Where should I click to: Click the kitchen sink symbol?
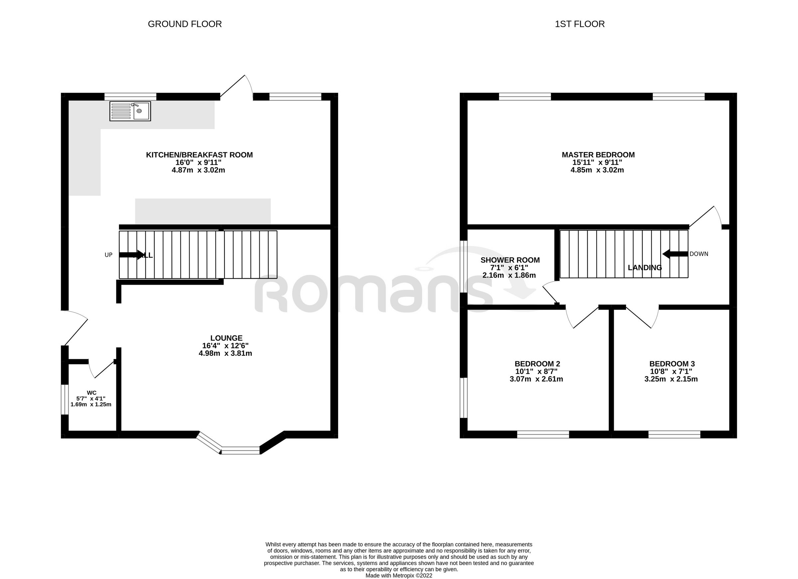tap(130, 111)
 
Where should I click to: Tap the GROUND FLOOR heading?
tap(185, 24)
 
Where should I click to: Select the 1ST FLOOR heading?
tap(580, 24)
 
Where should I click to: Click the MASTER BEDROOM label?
tap(598, 155)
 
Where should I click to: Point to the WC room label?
tap(91, 393)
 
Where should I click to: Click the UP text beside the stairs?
tap(108, 255)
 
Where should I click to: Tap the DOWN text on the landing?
tap(699, 254)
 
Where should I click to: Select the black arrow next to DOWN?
tap(675, 254)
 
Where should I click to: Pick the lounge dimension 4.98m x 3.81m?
tap(225, 353)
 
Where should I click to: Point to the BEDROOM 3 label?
tap(672, 364)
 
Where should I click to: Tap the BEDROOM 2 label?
tap(537, 364)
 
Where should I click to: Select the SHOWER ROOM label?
tap(510, 260)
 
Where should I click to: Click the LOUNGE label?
tap(226, 338)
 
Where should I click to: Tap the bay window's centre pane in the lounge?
tap(241, 450)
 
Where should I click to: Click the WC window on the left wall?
tap(65, 400)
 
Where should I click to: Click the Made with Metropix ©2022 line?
tap(399, 575)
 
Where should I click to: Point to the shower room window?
tap(464, 266)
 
